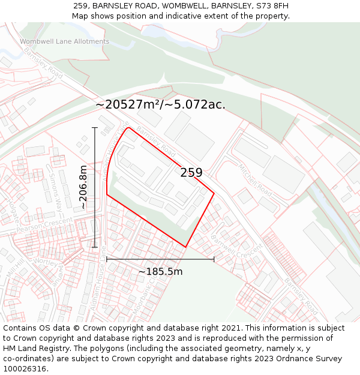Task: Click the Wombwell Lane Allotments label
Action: (65, 41)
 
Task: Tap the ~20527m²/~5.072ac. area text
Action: (160, 104)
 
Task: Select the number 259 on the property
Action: (191, 173)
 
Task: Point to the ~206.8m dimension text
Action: (83, 187)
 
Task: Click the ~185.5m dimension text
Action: (160, 272)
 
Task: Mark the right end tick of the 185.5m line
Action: (214, 259)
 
